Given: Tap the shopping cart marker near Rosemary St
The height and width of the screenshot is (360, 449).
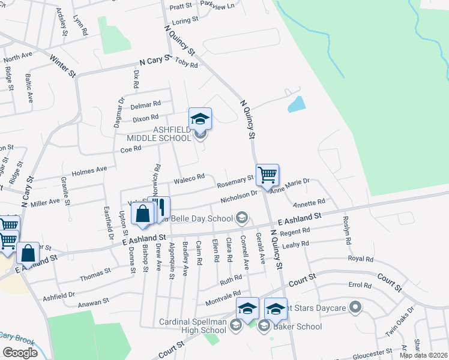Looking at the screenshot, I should point(267,175).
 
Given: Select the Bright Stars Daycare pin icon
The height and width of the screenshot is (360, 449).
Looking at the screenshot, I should point(355,308).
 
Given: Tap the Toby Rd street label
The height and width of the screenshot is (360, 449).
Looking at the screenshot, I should point(186,62).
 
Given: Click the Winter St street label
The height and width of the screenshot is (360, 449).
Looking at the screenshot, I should point(62,67).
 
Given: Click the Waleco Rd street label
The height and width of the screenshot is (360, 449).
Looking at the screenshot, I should point(189,178).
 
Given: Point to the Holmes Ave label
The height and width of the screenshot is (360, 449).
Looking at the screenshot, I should point(89,172).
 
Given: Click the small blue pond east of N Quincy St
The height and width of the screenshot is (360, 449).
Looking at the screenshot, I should point(297,104).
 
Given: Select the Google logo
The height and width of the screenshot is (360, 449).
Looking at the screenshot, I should point(20,352).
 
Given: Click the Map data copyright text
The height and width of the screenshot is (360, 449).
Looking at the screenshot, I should point(423,355).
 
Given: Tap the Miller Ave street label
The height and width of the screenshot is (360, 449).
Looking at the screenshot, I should point(46,203).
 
